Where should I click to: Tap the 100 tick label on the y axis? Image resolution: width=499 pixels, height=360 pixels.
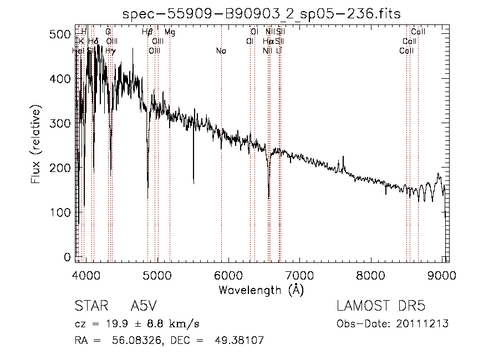click(x=63, y=212)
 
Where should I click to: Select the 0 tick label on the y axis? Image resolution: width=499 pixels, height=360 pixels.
click(x=67, y=257)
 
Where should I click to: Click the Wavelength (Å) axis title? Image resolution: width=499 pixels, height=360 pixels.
click(x=261, y=290)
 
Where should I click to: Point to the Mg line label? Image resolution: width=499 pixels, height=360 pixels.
click(x=170, y=32)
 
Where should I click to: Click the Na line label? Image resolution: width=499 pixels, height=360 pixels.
click(x=221, y=51)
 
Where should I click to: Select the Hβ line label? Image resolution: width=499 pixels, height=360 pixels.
click(x=147, y=32)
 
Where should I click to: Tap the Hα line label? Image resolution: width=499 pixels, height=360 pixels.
click(x=268, y=42)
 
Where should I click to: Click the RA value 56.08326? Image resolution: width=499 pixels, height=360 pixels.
click(x=129, y=340)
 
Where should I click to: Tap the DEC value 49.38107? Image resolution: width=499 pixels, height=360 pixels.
click(x=239, y=340)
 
